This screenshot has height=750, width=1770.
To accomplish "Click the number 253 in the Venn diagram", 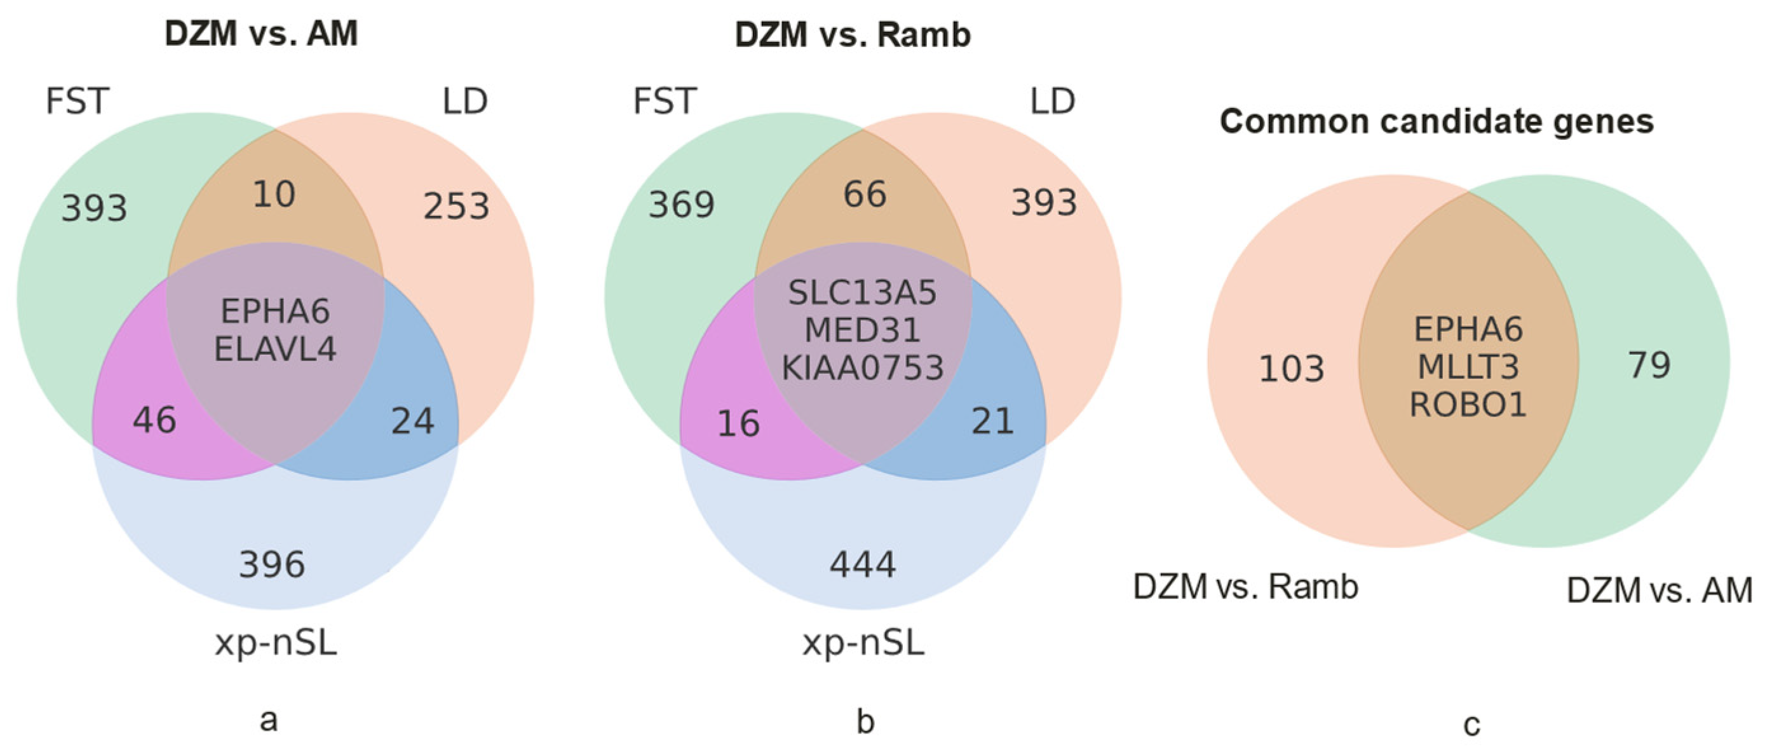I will click(456, 206).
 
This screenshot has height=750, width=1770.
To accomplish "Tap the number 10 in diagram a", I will click(274, 194).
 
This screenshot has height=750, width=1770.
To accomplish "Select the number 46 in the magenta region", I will click(154, 420).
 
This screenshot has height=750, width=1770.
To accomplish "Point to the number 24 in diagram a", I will click(412, 421).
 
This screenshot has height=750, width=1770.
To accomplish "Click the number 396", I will click(272, 564).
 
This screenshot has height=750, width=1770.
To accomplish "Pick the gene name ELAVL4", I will click(275, 349).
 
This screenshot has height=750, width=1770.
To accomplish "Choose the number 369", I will click(682, 205).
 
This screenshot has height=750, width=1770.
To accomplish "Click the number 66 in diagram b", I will click(865, 194).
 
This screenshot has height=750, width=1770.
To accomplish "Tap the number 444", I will click(863, 565).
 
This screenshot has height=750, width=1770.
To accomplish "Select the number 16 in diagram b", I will click(738, 423).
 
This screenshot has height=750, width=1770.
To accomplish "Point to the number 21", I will click(993, 421).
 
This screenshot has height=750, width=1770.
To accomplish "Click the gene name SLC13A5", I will click(862, 294).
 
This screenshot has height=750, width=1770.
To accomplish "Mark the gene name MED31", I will click(862, 331).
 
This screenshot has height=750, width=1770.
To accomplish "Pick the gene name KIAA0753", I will click(862, 368).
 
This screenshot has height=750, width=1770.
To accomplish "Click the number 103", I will click(1291, 369).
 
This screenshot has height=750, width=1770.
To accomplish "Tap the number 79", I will click(1649, 364).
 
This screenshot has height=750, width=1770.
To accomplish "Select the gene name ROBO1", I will click(1468, 404).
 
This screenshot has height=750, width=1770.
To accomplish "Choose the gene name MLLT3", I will click(1468, 367).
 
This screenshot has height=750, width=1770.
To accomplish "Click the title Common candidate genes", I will click(1436, 121).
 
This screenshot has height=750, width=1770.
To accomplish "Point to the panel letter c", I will click(1471, 725).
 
